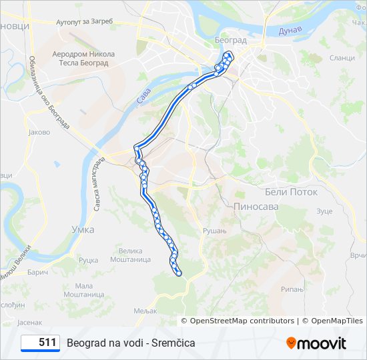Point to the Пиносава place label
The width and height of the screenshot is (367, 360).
click(x=256, y=207)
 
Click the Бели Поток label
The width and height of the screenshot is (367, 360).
click(x=292, y=191)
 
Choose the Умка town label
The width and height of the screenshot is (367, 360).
click(x=83, y=229)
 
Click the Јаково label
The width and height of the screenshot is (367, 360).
click(x=39, y=132)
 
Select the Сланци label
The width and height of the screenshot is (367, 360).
click(x=342, y=58)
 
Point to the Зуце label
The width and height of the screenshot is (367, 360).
click(x=324, y=211)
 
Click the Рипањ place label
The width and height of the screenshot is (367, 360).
click(x=292, y=289)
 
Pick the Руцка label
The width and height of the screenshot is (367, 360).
click(x=88, y=260)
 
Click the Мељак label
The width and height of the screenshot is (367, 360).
click(x=145, y=311)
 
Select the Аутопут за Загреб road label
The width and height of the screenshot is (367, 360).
click(x=85, y=21)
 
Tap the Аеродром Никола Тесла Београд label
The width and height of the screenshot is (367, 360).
click(x=83, y=59)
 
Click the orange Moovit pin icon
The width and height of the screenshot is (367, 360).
click(x=291, y=343)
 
